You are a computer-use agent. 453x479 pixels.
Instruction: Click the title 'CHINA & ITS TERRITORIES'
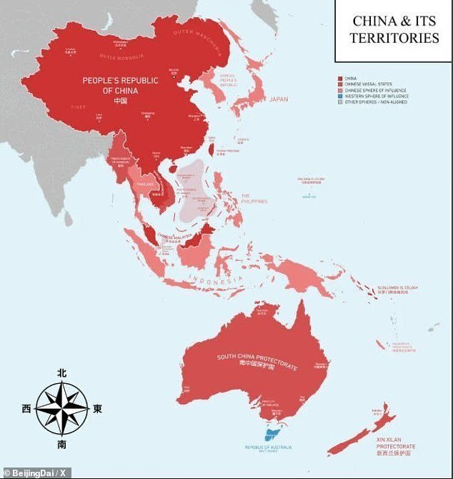coord(394,29)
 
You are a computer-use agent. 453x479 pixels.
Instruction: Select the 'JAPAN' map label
coord(279,100)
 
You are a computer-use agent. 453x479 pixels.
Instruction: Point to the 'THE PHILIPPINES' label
coord(254,198)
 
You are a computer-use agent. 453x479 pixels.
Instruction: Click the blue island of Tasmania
coord(272,432)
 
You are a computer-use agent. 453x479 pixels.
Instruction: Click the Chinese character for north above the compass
coord(62,373)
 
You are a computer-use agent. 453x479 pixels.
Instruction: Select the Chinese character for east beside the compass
coord(98,410)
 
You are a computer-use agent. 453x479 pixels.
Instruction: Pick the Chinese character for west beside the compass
coord(26,410)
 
